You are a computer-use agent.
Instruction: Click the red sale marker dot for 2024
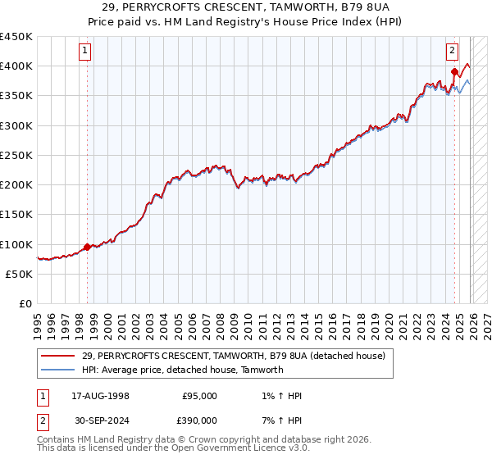point(454,72)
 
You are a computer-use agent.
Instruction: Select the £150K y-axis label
point(16,215)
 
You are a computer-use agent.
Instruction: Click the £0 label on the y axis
point(25,304)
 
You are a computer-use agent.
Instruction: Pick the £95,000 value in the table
point(199,396)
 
